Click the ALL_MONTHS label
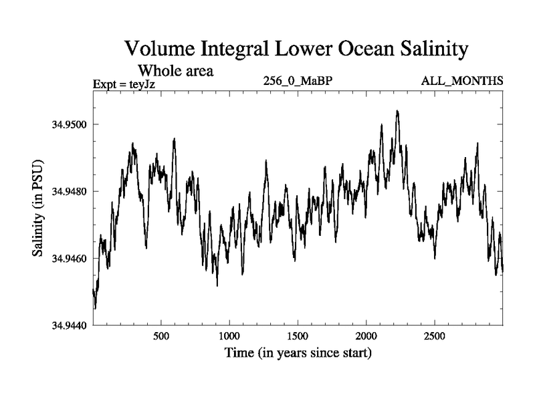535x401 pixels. pyautogui.click(x=461, y=82)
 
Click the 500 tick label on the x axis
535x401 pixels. pyautogui.click(x=160, y=336)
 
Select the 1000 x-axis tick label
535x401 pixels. pyautogui.click(x=229, y=336)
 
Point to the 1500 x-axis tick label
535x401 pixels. pyautogui.click(x=298, y=336)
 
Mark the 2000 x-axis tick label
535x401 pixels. pyautogui.click(x=366, y=336)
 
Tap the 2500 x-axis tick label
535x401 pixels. pyautogui.click(x=435, y=336)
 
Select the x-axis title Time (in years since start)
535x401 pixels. pyautogui.click(x=297, y=352)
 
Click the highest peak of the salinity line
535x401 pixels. pyautogui.click(x=397, y=111)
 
